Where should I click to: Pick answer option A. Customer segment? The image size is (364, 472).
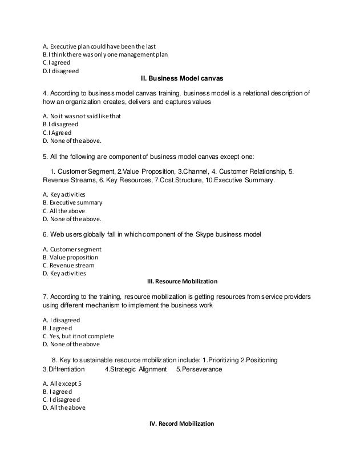click(72, 249)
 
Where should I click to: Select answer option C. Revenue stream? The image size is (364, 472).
click(69, 265)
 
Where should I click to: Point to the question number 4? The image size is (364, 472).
click(46, 93)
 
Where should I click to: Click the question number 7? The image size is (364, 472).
click(46, 297)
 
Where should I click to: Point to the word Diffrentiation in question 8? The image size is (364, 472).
click(68, 369)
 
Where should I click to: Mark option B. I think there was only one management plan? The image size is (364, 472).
click(106, 54)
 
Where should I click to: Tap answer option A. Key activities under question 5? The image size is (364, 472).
click(67, 194)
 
